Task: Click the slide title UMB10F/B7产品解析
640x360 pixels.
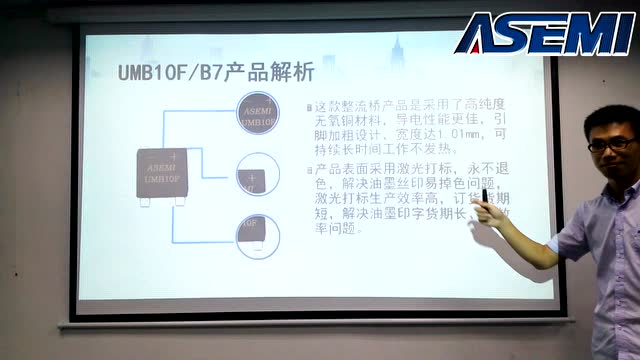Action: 215,72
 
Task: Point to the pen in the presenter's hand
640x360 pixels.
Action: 487,197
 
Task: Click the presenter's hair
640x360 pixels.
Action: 606,120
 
